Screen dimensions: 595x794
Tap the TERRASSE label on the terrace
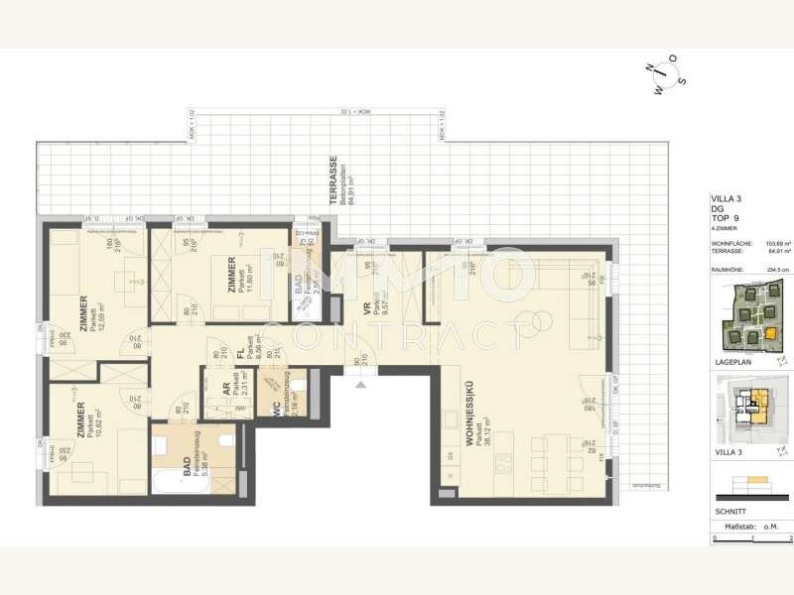tap(335, 179)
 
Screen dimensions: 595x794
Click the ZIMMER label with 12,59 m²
tap(84, 317)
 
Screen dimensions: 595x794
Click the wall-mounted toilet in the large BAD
tap(225, 440)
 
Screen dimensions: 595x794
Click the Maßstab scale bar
tap(751, 537)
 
